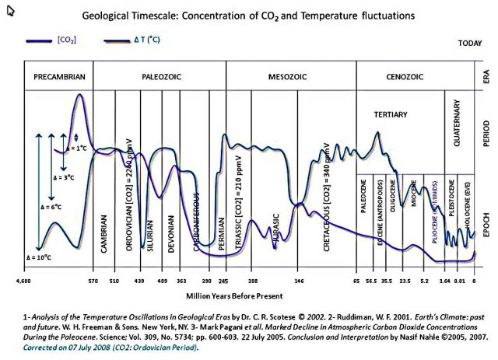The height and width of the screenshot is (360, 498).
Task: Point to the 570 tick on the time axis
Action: pos(93,280)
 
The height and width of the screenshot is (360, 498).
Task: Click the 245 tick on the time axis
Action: pos(224,280)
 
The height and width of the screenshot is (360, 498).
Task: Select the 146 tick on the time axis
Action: pos(299,280)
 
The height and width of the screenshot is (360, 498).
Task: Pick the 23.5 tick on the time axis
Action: pos(405,280)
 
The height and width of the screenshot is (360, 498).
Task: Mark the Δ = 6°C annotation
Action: pos(51,208)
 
